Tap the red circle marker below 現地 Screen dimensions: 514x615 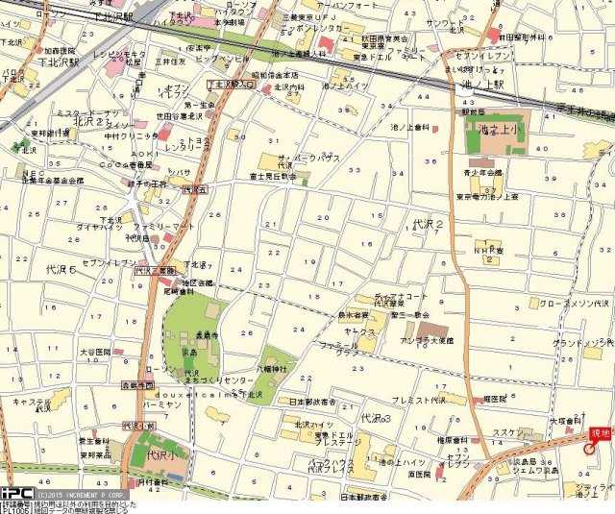coord(589,452)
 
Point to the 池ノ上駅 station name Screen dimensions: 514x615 coord(473,87)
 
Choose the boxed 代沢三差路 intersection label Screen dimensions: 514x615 coord(154,272)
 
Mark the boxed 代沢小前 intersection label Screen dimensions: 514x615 coord(138,425)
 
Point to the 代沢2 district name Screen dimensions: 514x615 coord(428,224)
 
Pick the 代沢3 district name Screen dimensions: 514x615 coord(376,419)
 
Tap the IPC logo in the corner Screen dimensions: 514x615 coord(18,493)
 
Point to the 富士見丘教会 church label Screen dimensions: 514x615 coord(278,176)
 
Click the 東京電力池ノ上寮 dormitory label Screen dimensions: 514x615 coord(487,197)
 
